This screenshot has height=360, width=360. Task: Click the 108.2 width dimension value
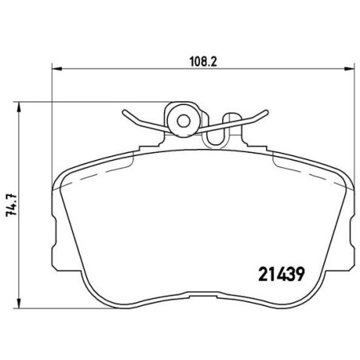pos(178,58)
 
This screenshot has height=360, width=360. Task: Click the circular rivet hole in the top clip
pos(184,121)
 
